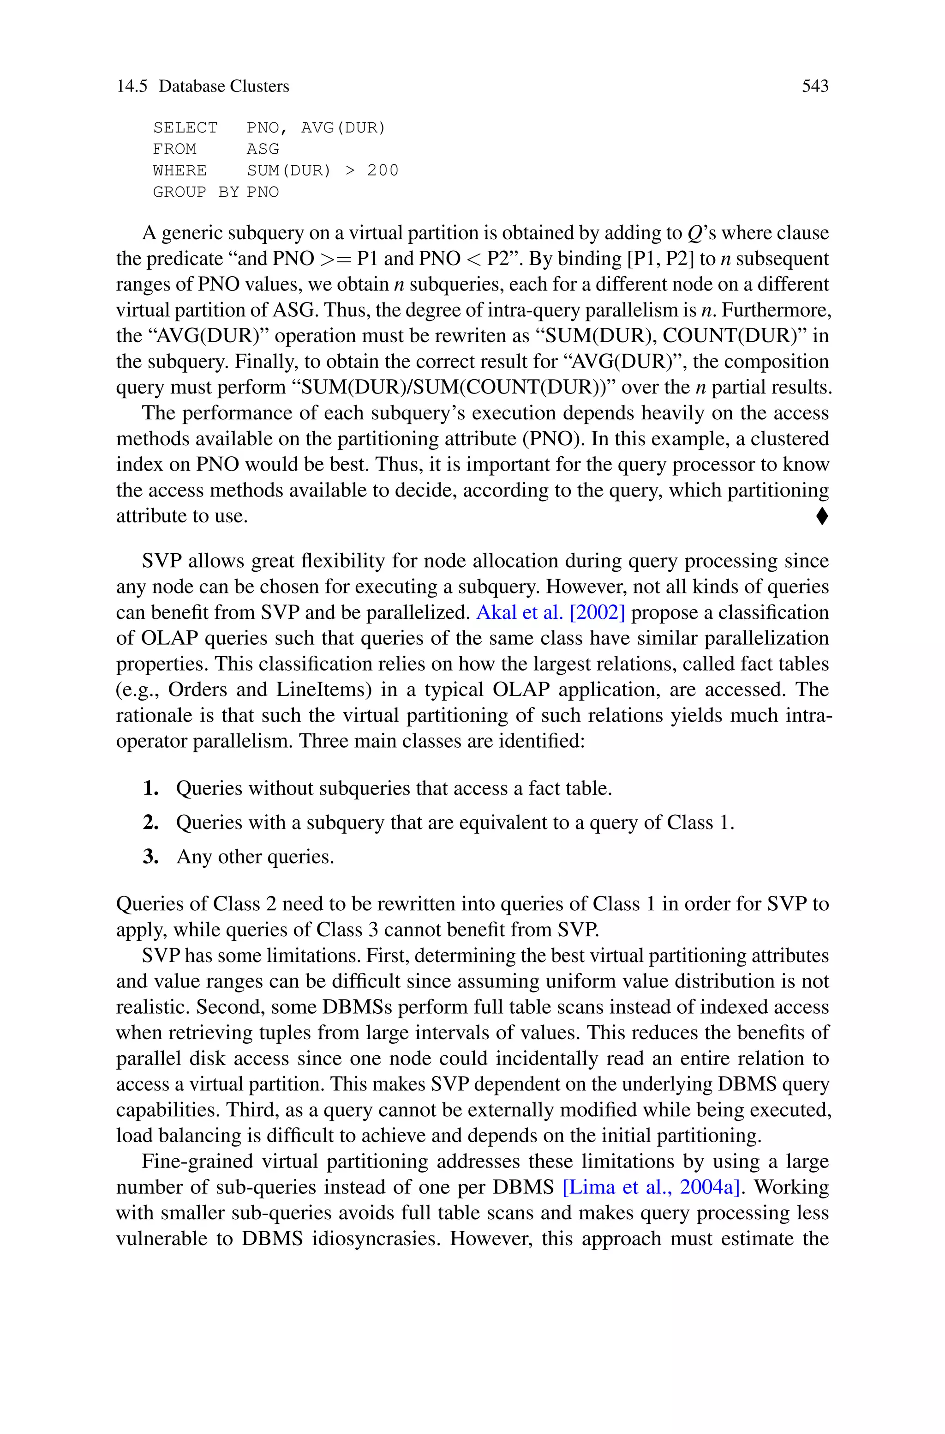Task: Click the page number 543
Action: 815,86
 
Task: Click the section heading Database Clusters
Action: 224,86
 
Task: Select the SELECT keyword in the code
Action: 185,128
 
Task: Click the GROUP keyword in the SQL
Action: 179,193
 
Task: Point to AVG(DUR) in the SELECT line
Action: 343,128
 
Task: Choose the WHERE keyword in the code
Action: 179,171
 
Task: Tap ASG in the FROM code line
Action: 263,149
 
